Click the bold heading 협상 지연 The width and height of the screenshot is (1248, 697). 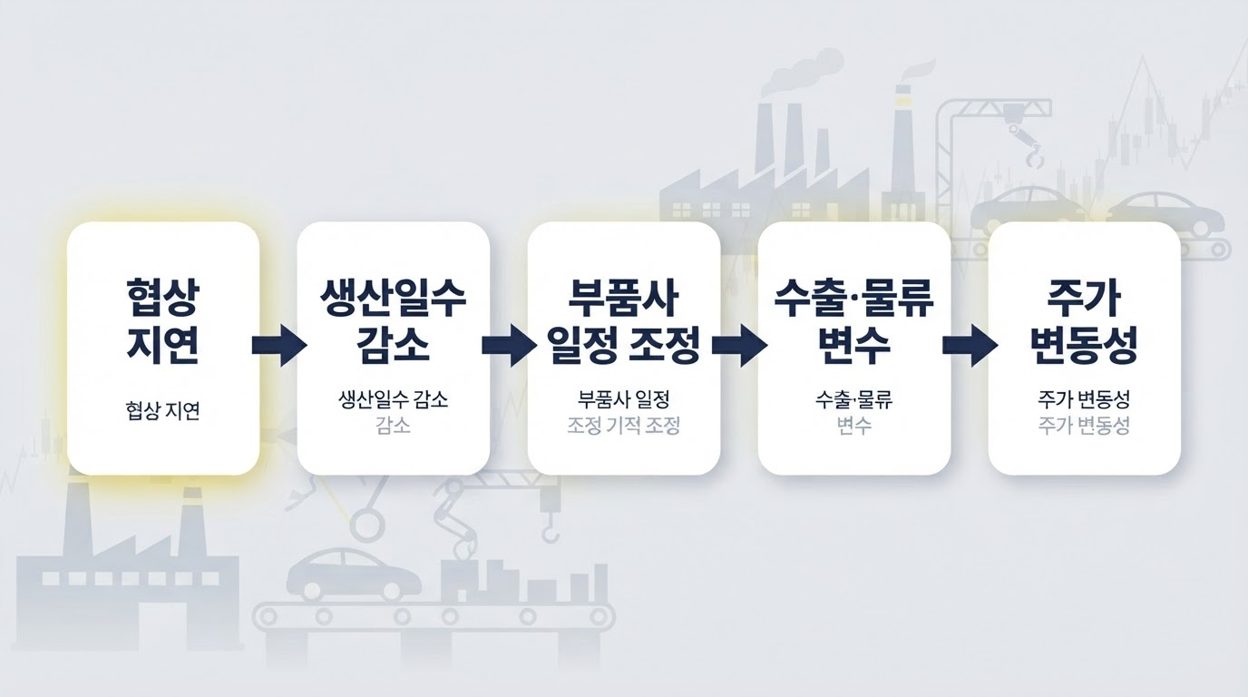click(x=162, y=322)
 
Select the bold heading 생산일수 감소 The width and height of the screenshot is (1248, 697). click(x=394, y=322)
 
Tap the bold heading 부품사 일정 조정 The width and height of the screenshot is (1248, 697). click(x=623, y=322)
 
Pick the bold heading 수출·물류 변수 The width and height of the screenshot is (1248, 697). click(x=854, y=322)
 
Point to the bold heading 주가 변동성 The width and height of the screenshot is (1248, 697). click(x=1084, y=322)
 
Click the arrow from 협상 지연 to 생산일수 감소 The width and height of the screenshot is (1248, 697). click(x=279, y=345)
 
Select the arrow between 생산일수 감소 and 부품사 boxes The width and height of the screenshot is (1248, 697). click(x=509, y=345)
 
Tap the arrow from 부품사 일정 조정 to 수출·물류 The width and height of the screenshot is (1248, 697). click(x=740, y=345)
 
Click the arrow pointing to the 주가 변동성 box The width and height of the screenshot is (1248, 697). click(x=970, y=345)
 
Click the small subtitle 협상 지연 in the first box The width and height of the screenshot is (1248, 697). click(x=162, y=411)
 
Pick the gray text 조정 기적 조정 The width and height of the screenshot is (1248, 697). click(x=623, y=426)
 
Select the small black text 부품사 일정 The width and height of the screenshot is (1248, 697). click(x=623, y=398)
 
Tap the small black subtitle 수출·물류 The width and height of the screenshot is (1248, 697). click(x=854, y=398)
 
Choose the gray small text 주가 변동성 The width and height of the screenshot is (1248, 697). click(x=1084, y=426)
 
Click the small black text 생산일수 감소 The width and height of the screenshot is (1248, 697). click(x=394, y=398)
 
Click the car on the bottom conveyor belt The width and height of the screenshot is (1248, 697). click(x=353, y=574)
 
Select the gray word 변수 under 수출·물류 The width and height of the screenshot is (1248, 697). click(x=854, y=426)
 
